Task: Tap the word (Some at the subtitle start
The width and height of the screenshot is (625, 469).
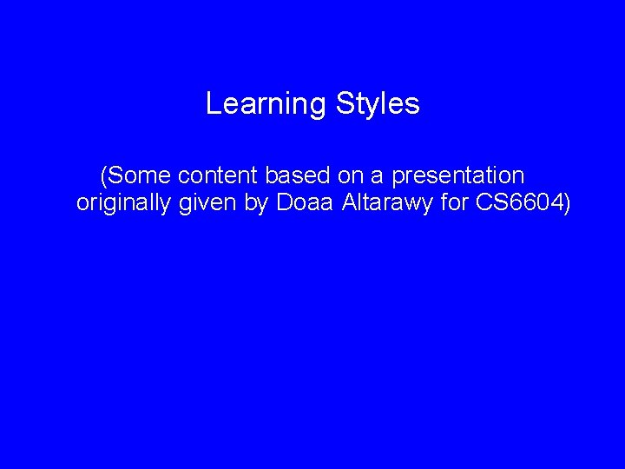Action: point(137,176)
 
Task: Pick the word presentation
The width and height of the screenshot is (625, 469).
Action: point(458,176)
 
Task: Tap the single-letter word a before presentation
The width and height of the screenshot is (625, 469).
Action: point(378,176)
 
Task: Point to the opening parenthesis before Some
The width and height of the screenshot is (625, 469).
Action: point(104,176)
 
